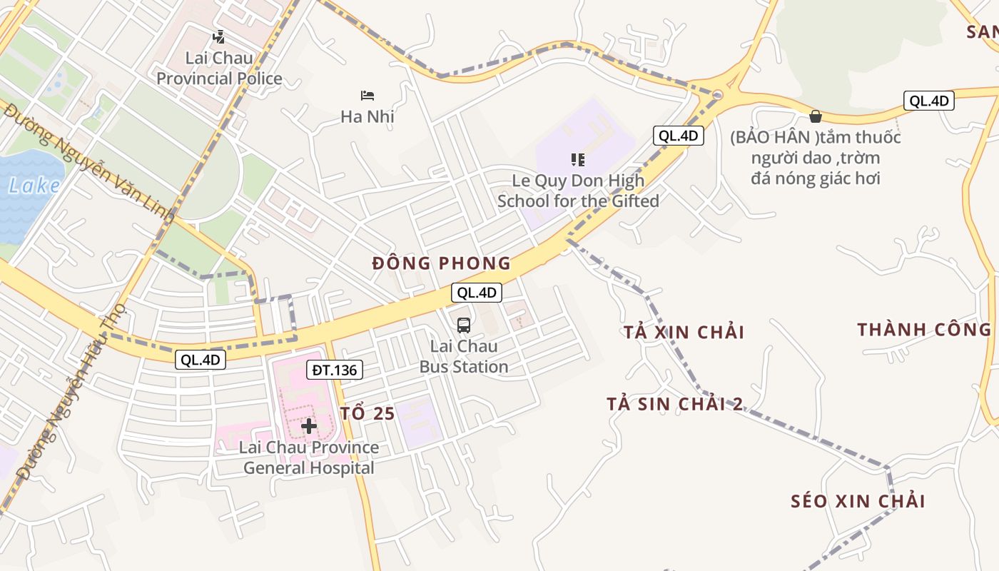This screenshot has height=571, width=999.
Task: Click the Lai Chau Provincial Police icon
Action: point(219,36)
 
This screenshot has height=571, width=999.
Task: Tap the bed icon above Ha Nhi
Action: point(367,96)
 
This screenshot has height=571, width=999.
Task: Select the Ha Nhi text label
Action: point(367,116)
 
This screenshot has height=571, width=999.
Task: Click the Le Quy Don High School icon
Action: point(578,160)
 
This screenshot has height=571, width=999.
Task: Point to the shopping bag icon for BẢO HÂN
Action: point(816,116)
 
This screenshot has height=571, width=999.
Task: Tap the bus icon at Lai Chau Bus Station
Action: point(464,325)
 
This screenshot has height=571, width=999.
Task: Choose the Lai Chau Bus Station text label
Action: point(464,356)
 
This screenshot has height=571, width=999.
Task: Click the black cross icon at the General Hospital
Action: point(309,426)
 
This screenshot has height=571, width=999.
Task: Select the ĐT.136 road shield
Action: point(335,370)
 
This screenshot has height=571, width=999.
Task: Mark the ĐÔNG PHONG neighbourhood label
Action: point(442,263)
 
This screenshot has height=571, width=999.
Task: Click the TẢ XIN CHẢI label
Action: point(684,332)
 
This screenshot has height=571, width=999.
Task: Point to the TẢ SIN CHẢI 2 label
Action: point(675,404)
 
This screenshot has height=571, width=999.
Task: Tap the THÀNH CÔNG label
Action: point(924,329)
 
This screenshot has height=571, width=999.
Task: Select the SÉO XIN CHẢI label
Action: point(858,501)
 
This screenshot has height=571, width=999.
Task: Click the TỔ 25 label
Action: point(367,413)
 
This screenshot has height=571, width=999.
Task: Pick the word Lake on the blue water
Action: point(34,186)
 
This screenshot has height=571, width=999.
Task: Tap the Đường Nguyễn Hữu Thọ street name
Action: point(71,393)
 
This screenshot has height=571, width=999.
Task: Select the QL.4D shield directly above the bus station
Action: point(477,292)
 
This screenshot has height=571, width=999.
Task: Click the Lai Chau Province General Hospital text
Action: point(309,458)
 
